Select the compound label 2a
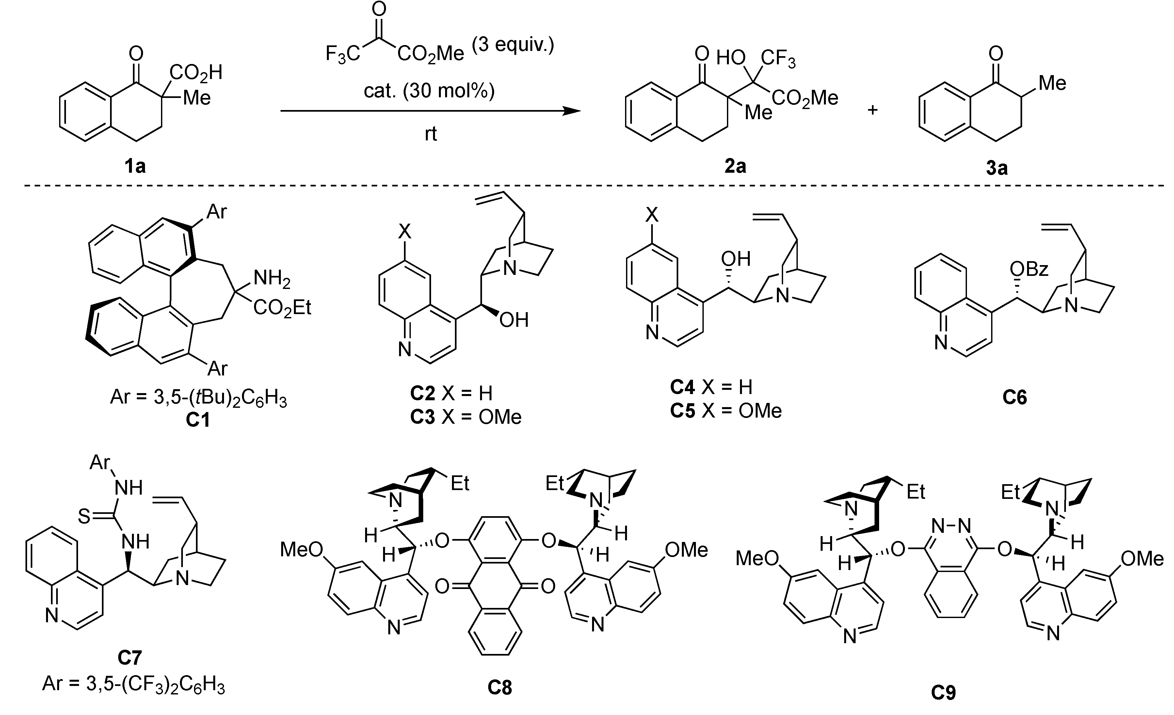click(x=735, y=166)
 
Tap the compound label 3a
click(x=997, y=168)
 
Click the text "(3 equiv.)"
click(x=513, y=45)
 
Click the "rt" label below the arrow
click(x=430, y=134)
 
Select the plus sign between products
click(x=872, y=110)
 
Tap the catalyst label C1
click(x=198, y=420)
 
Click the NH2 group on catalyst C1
click(x=272, y=278)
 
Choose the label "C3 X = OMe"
click(x=465, y=417)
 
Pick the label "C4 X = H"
click(x=711, y=387)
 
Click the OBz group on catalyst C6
click(x=1029, y=270)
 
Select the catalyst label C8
click(x=499, y=687)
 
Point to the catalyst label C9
click(x=943, y=692)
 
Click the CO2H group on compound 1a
click(x=196, y=73)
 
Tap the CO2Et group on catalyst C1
click(x=282, y=308)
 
